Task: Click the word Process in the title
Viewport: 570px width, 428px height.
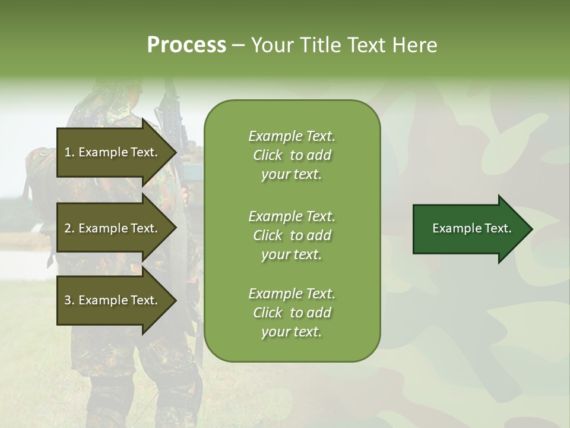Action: click(x=186, y=45)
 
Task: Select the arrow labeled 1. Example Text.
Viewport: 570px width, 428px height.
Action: click(x=113, y=152)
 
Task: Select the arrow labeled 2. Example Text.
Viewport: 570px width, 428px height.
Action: click(x=113, y=228)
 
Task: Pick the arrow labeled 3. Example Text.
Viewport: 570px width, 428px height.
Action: click(x=113, y=300)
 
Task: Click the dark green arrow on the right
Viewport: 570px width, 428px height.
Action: click(x=469, y=228)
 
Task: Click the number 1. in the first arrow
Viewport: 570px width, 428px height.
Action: click(x=69, y=152)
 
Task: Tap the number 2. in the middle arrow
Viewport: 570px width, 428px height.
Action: click(x=69, y=228)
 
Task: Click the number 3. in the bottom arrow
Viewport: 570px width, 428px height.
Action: click(x=69, y=300)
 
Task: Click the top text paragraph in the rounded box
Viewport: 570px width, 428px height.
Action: click(x=292, y=155)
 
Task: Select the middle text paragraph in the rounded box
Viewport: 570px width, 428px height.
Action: click(x=292, y=235)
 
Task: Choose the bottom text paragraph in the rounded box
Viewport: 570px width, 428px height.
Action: click(x=292, y=313)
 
